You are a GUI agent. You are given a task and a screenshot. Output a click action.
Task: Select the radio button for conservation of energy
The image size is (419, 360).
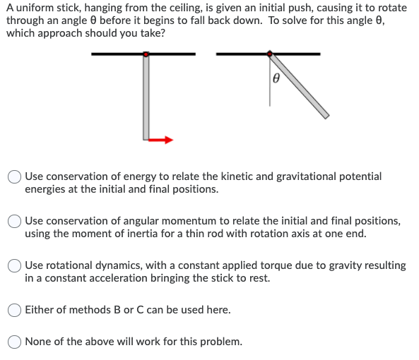tap(15, 176)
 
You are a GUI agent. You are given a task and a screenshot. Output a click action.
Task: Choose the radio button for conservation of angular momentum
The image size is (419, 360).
tap(15, 221)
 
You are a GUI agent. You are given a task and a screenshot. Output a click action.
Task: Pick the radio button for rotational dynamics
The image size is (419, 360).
tap(15, 265)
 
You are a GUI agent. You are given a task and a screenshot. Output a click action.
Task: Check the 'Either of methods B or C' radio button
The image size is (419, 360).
tap(15, 309)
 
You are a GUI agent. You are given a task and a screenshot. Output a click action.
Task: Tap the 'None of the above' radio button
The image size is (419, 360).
tap(15, 342)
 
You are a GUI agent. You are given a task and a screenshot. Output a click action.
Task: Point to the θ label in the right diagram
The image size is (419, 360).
tap(276, 80)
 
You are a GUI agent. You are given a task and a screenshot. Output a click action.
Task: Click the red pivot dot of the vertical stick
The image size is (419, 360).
tap(146, 54)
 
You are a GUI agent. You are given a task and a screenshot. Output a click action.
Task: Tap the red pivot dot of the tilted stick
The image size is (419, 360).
tap(269, 54)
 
